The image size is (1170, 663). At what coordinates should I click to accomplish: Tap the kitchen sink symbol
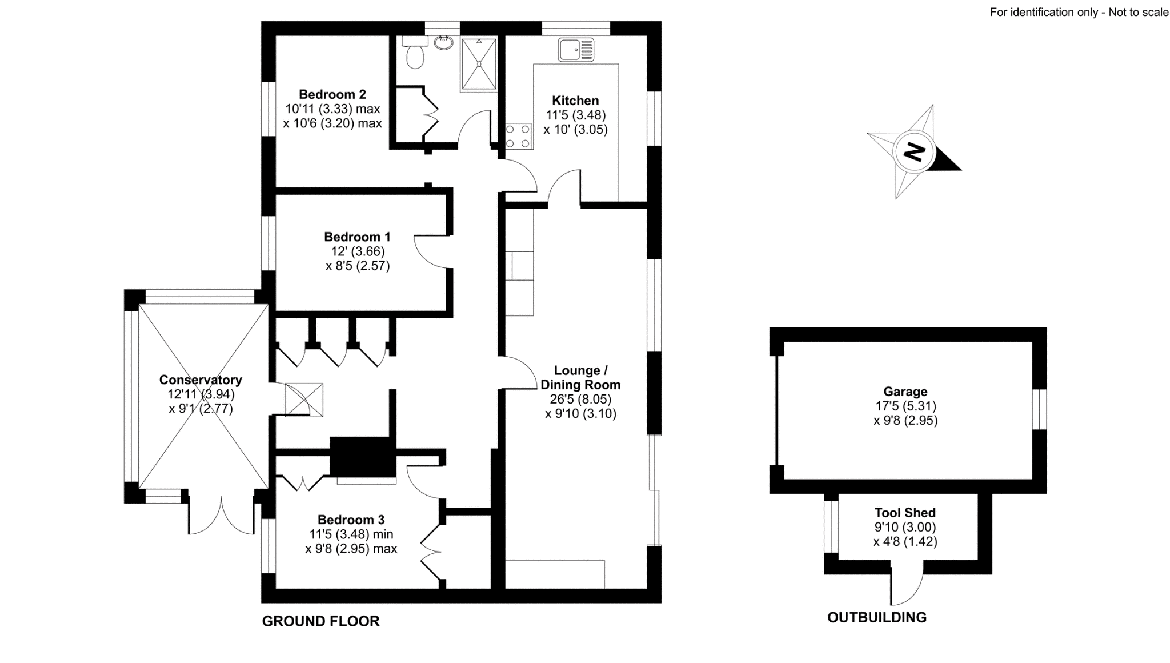pyautogui.click(x=576, y=50)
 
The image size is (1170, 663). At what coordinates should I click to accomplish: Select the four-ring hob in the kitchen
pyautogui.click(x=518, y=137)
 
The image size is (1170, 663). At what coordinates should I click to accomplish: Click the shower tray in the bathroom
pyautogui.click(x=478, y=64)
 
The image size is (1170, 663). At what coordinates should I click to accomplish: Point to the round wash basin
pyautogui.click(x=443, y=42)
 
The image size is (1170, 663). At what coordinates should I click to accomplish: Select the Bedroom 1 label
pyautogui.click(x=357, y=237)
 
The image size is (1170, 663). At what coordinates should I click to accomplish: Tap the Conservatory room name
pyautogui.click(x=201, y=380)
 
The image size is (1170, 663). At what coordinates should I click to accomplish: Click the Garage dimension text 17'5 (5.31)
pyautogui.click(x=905, y=406)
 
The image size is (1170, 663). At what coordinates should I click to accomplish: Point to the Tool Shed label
pyautogui.click(x=905, y=513)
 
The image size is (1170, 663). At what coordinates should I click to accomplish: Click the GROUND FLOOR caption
pyautogui.click(x=320, y=621)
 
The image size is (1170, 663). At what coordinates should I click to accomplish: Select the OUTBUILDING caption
pyautogui.click(x=877, y=617)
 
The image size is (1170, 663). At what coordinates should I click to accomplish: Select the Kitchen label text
pyautogui.click(x=575, y=101)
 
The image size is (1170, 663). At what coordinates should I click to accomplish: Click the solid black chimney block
pyautogui.click(x=362, y=457)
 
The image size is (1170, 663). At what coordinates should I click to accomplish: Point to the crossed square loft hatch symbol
pyautogui.click(x=304, y=400)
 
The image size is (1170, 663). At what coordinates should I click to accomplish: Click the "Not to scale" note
pyautogui.click(x=1138, y=12)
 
